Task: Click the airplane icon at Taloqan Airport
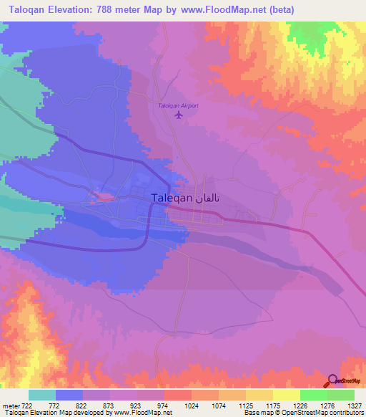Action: [179, 115]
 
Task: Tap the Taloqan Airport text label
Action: [178, 106]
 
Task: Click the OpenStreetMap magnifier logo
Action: [333, 381]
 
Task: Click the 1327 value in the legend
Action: [355, 406]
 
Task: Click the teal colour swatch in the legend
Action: [42, 395]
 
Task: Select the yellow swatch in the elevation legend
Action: [286, 395]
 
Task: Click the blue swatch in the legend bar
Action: [69, 395]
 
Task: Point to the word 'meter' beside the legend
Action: [11, 406]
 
